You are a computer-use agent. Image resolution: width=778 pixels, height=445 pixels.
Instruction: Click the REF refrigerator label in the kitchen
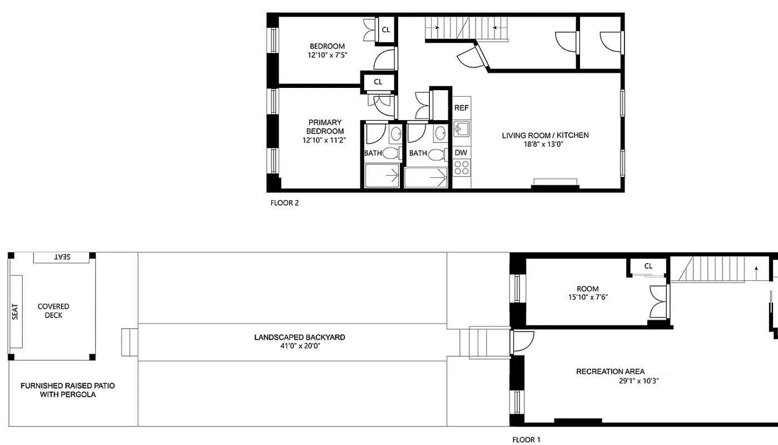(x=461, y=108)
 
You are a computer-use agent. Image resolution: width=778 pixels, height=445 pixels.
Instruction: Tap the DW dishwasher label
(x=461, y=152)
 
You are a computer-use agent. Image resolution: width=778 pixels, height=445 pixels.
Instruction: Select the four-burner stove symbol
(x=462, y=166)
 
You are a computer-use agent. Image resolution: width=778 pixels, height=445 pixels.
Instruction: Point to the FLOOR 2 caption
(x=285, y=203)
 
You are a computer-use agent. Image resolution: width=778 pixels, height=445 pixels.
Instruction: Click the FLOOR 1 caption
(x=526, y=439)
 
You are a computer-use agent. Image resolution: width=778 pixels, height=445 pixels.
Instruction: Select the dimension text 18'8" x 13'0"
(x=545, y=144)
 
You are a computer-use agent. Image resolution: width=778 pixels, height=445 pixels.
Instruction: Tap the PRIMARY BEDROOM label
(x=325, y=127)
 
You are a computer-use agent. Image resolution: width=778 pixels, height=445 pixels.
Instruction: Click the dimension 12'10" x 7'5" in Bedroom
(x=327, y=55)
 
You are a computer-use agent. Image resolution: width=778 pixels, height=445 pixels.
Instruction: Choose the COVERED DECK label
(x=53, y=311)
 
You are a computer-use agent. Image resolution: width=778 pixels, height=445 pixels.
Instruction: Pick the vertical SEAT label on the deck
(x=15, y=311)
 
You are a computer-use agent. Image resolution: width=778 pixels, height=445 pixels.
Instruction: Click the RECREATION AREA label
(x=610, y=372)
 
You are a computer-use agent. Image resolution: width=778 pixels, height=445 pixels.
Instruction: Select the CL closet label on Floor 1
(x=648, y=266)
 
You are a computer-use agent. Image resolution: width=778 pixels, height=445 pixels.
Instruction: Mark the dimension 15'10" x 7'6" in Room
(x=587, y=297)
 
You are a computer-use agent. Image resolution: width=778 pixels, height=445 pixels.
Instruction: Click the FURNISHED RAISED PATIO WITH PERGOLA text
(x=67, y=390)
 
